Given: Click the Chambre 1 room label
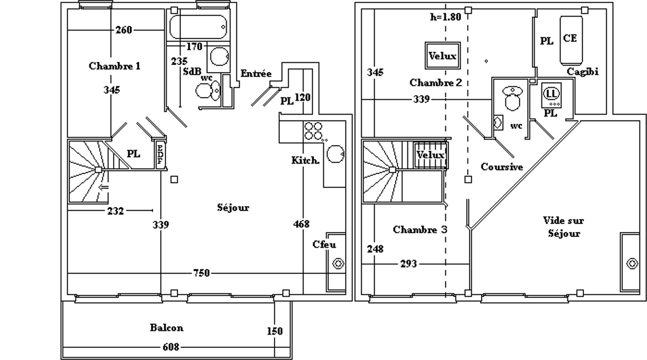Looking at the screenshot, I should point(114,66).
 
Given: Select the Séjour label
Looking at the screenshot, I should point(233,208).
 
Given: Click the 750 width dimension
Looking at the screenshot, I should point(201,273).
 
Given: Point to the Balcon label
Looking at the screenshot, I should point(166,328).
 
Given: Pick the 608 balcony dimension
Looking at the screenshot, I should point(170,347).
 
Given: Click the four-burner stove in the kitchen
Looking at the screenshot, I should point(313,131).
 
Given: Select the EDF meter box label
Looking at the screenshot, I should point(160,154).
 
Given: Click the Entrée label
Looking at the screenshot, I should point(256,74).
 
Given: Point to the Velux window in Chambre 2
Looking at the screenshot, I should point(443,56).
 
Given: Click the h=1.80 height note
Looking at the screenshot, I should point(446,17).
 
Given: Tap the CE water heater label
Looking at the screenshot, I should point(570,38).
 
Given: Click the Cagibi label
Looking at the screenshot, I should point(582,72).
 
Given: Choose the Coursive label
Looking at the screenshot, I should point(502,167).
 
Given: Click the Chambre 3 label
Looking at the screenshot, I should point(420,230).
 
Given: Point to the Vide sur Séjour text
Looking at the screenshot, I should point(563,227).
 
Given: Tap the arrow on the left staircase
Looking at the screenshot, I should point(103,187).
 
